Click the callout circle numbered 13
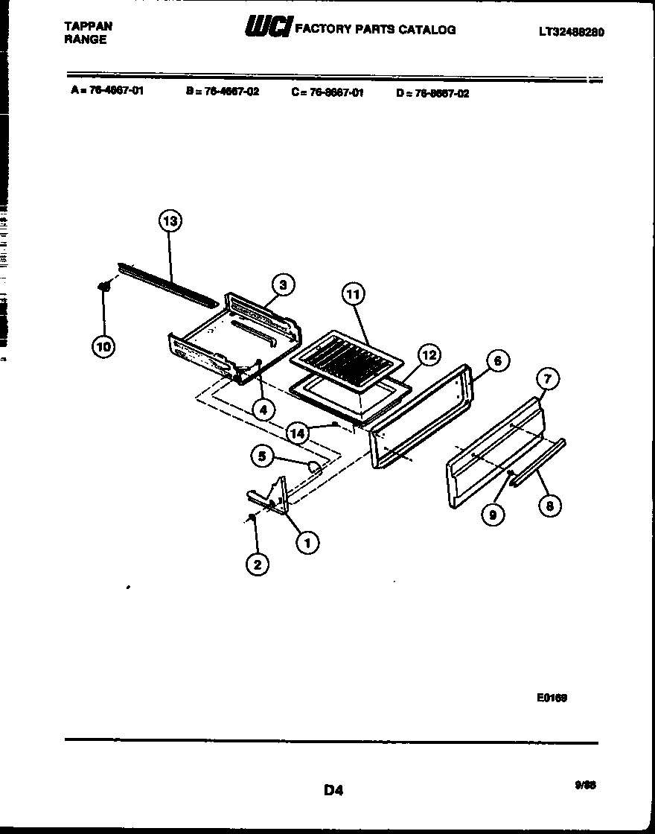(x=170, y=221)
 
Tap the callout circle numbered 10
(x=104, y=346)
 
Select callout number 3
(x=282, y=284)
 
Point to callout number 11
(x=353, y=295)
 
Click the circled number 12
(x=429, y=356)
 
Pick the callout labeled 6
(x=498, y=361)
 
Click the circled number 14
(x=298, y=433)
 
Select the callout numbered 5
(x=261, y=456)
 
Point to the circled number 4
(x=262, y=409)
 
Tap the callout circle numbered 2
(x=257, y=564)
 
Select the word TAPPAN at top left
(x=89, y=25)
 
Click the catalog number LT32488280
(x=571, y=32)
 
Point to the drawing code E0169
(x=552, y=698)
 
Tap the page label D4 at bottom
(x=333, y=790)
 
